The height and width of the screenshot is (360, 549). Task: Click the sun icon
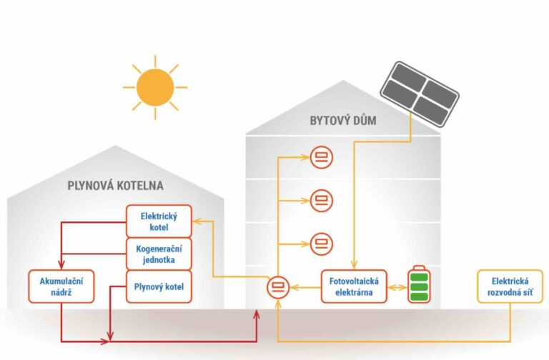pos(155,87)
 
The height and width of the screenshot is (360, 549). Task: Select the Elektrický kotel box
pos(159,221)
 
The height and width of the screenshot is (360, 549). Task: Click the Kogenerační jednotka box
pos(159,254)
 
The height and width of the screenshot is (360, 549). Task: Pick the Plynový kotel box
pos(159,286)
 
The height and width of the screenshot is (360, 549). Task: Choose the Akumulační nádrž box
pos(61,286)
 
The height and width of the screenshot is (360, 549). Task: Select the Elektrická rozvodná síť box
pos(509,286)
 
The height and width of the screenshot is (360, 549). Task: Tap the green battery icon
pos(418,286)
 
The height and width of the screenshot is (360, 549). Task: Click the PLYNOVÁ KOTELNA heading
pos(115,186)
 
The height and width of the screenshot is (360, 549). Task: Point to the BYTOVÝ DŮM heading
pos(343,121)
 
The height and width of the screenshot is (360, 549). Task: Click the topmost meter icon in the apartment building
pos(320,158)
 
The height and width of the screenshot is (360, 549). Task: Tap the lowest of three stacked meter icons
pos(320,244)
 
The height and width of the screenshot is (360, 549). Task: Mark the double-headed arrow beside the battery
pos(395,287)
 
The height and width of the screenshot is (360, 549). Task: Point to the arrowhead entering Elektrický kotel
pos(197,221)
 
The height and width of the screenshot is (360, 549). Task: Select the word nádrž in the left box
pos(61,292)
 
